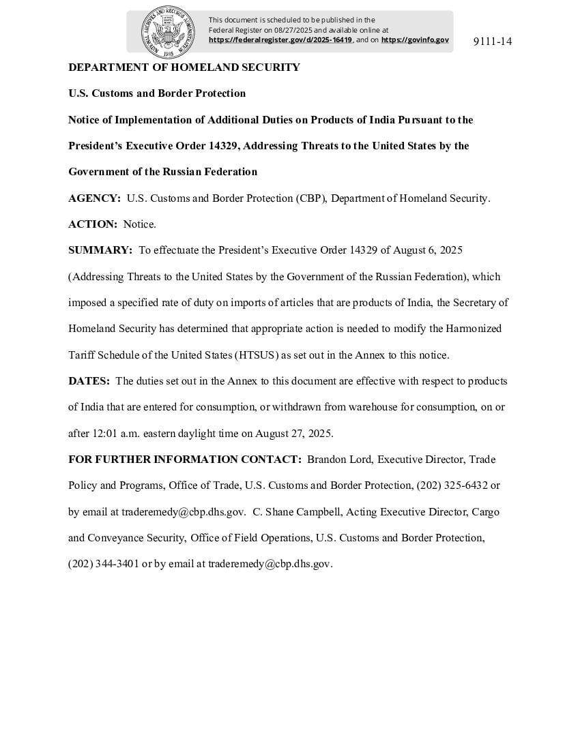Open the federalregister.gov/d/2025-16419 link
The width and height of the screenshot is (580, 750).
point(280,40)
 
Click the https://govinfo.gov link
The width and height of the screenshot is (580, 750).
point(415,40)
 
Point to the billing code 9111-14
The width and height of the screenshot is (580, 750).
point(492,42)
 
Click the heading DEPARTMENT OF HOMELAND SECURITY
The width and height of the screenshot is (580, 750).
point(184,67)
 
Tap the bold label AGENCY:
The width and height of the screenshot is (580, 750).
point(94,198)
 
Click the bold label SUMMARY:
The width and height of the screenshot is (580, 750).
point(100,250)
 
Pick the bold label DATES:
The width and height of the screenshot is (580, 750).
point(89,381)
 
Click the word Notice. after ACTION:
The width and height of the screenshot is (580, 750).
point(140,224)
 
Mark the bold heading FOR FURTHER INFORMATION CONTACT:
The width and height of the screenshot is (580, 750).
point(185,460)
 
